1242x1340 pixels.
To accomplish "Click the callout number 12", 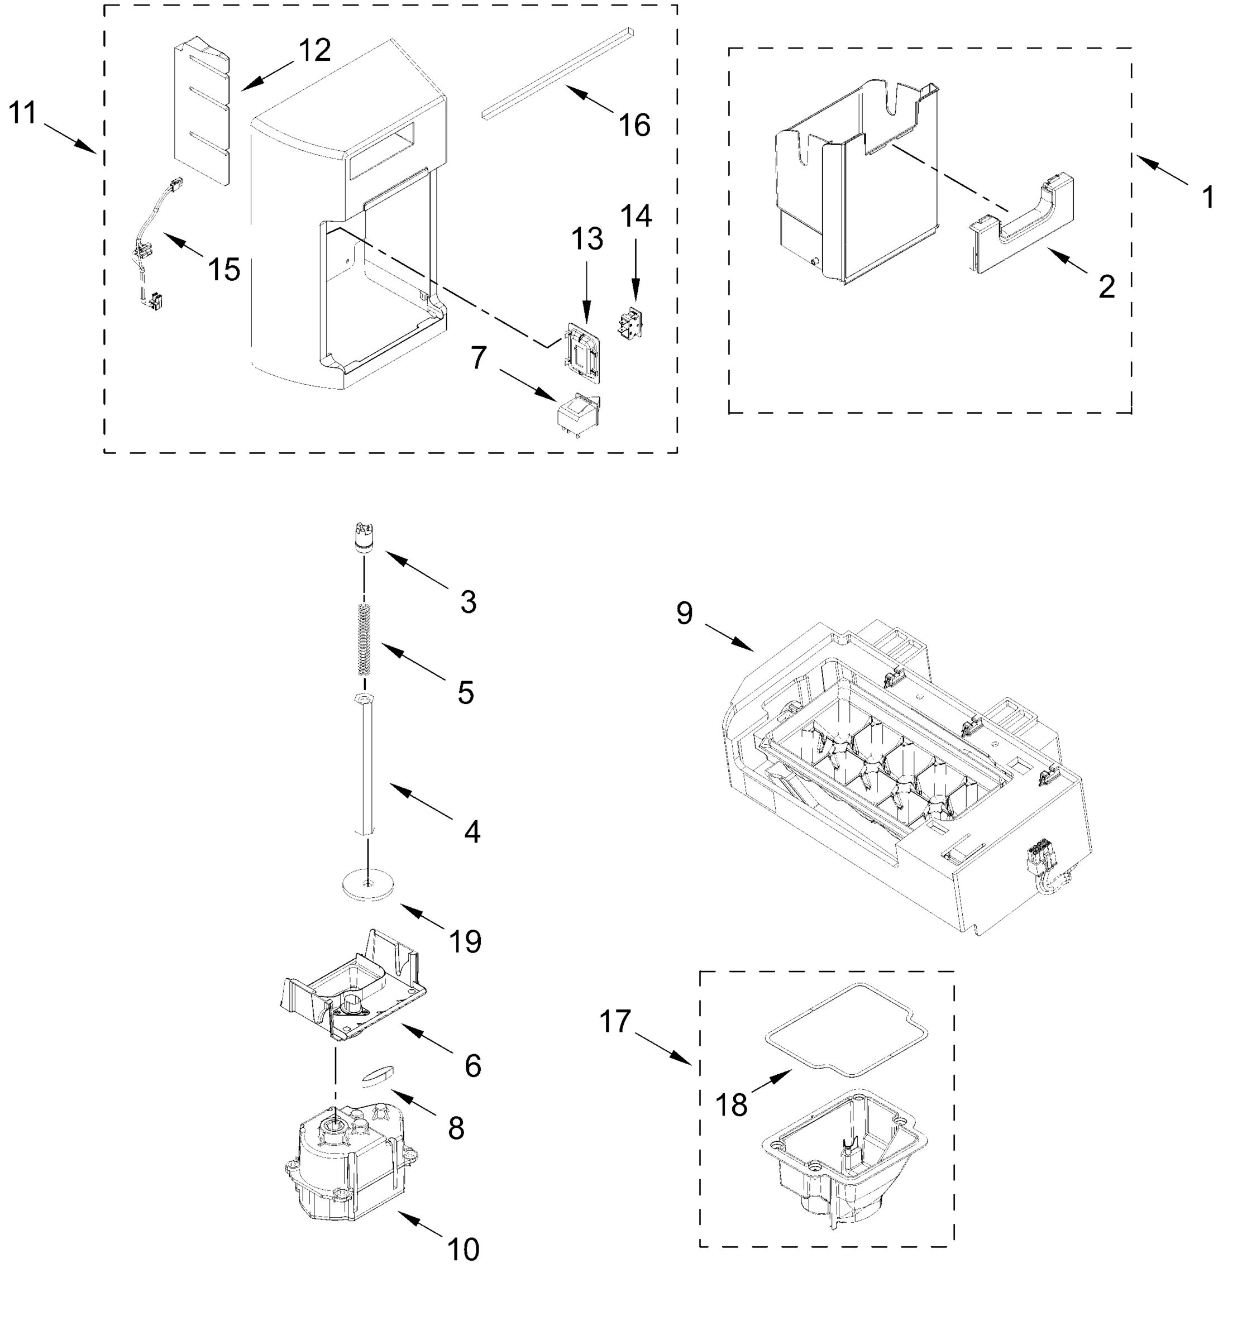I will coord(314,50).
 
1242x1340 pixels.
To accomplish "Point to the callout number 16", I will coord(634,126).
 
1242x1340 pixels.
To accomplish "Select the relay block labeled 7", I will coord(577,417).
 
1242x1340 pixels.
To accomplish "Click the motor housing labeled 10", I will coord(350,1170).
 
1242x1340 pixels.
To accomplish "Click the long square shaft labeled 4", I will coord(367,766).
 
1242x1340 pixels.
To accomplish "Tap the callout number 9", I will coord(684,613).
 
